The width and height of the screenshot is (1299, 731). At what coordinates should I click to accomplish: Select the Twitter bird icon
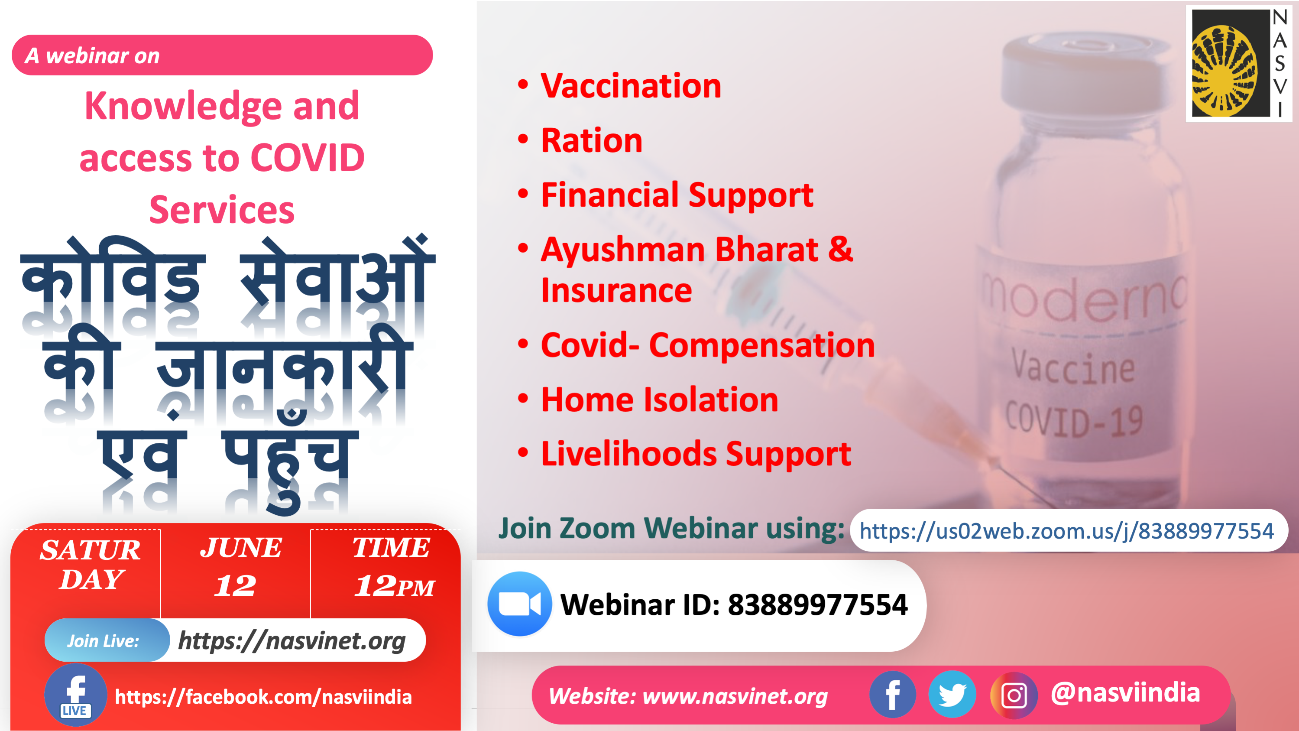(x=952, y=695)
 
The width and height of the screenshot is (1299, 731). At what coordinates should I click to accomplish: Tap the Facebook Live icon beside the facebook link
(x=76, y=695)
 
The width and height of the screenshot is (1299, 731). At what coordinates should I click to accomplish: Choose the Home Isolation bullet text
(x=660, y=400)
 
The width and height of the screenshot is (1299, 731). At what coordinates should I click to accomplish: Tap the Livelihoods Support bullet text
(x=696, y=454)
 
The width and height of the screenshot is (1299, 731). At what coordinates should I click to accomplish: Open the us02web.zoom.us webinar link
(x=1066, y=531)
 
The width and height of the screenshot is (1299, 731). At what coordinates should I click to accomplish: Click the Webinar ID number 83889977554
(x=817, y=604)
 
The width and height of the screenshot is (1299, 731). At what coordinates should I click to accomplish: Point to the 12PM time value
(x=394, y=586)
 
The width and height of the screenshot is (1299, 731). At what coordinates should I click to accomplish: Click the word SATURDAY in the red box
(x=91, y=564)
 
